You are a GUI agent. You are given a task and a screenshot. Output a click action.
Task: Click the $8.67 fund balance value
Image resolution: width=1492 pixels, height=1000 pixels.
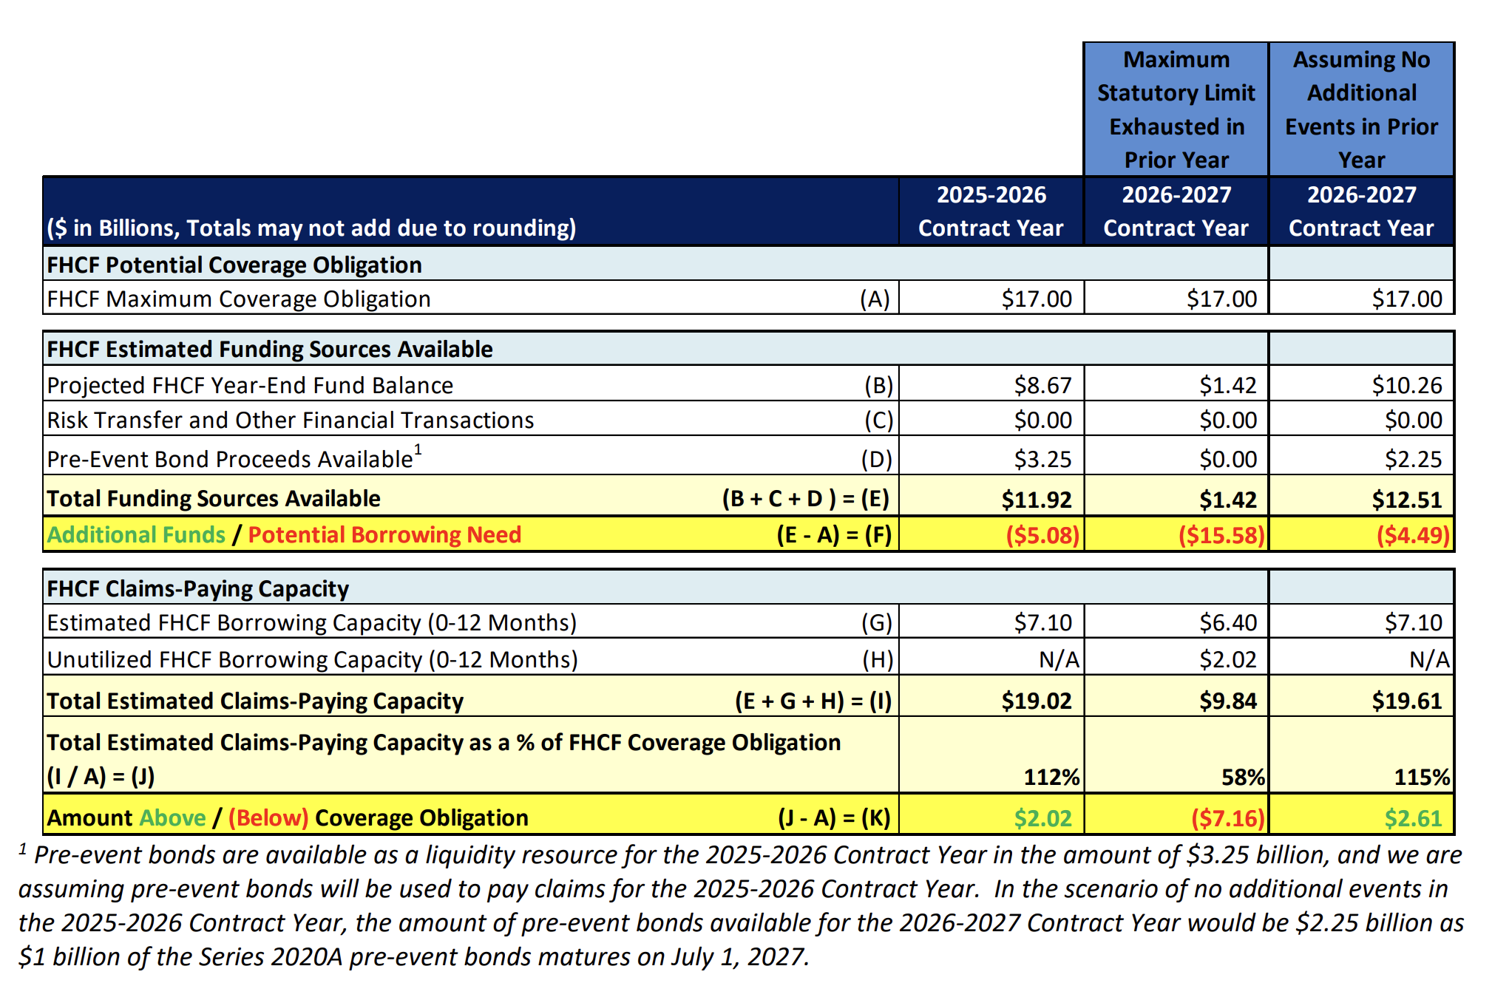[1042, 385]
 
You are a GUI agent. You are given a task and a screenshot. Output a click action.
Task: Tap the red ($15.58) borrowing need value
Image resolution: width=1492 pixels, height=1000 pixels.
[1221, 534]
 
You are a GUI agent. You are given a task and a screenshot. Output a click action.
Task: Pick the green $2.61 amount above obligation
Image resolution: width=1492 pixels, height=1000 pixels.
[1413, 818]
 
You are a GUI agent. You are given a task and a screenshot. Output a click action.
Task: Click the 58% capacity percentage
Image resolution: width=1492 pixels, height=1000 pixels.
[1243, 777]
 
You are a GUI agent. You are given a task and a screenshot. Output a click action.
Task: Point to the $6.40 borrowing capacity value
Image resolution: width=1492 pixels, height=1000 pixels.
[1227, 622]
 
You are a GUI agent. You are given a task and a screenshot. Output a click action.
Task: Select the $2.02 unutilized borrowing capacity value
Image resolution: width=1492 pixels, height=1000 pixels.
[1227, 659]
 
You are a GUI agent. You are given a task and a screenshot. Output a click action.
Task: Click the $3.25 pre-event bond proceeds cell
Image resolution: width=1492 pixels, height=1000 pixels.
[1042, 459]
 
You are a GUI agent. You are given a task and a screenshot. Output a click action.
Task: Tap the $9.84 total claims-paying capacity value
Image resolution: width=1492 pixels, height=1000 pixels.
[1227, 701]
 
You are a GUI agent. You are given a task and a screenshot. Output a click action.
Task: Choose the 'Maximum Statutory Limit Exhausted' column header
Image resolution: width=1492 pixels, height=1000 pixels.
[1176, 109]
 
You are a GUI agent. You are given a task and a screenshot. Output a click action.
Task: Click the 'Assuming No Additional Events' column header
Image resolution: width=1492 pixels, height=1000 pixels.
[1361, 109]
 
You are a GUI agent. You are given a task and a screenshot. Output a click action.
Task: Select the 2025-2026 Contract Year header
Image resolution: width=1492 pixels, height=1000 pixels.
[991, 211]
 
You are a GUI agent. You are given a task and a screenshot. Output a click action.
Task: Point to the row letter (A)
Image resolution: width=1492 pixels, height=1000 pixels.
[875, 299]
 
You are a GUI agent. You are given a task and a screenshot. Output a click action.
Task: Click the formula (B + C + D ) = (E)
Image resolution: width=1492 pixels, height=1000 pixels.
[805, 499]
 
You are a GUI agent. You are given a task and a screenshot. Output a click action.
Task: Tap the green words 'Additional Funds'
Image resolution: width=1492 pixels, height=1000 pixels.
[136, 534]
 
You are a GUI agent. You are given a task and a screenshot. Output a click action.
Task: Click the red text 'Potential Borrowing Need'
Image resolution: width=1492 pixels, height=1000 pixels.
[384, 534]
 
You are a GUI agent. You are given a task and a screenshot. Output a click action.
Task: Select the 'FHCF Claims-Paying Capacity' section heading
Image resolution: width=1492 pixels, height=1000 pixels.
[197, 588]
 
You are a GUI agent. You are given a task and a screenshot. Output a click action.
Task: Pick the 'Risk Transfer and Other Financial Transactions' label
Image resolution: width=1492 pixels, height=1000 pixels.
[290, 420]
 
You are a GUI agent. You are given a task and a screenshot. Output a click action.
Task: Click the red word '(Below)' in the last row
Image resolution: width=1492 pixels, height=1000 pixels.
[268, 818]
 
